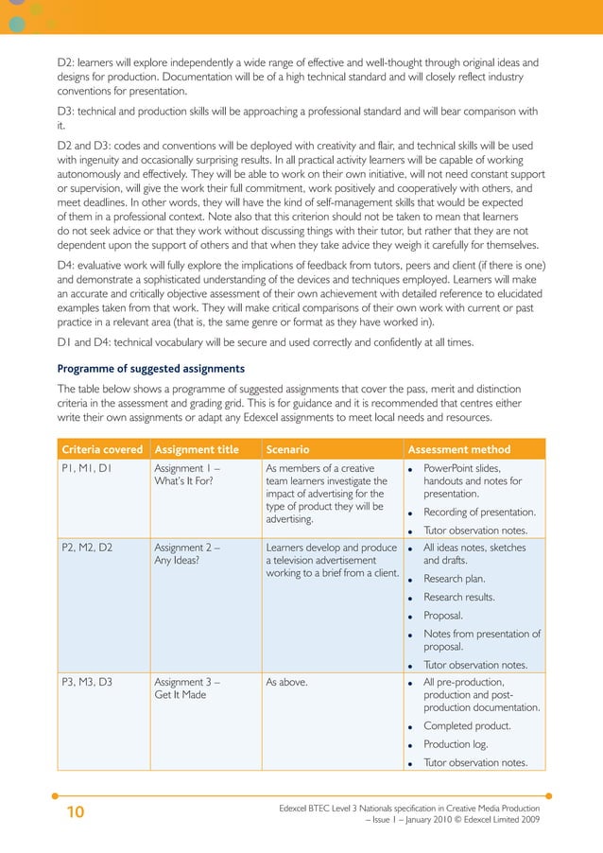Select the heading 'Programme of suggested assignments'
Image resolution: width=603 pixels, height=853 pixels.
click(x=150, y=368)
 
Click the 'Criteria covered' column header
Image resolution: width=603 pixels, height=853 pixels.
click(x=102, y=449)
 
